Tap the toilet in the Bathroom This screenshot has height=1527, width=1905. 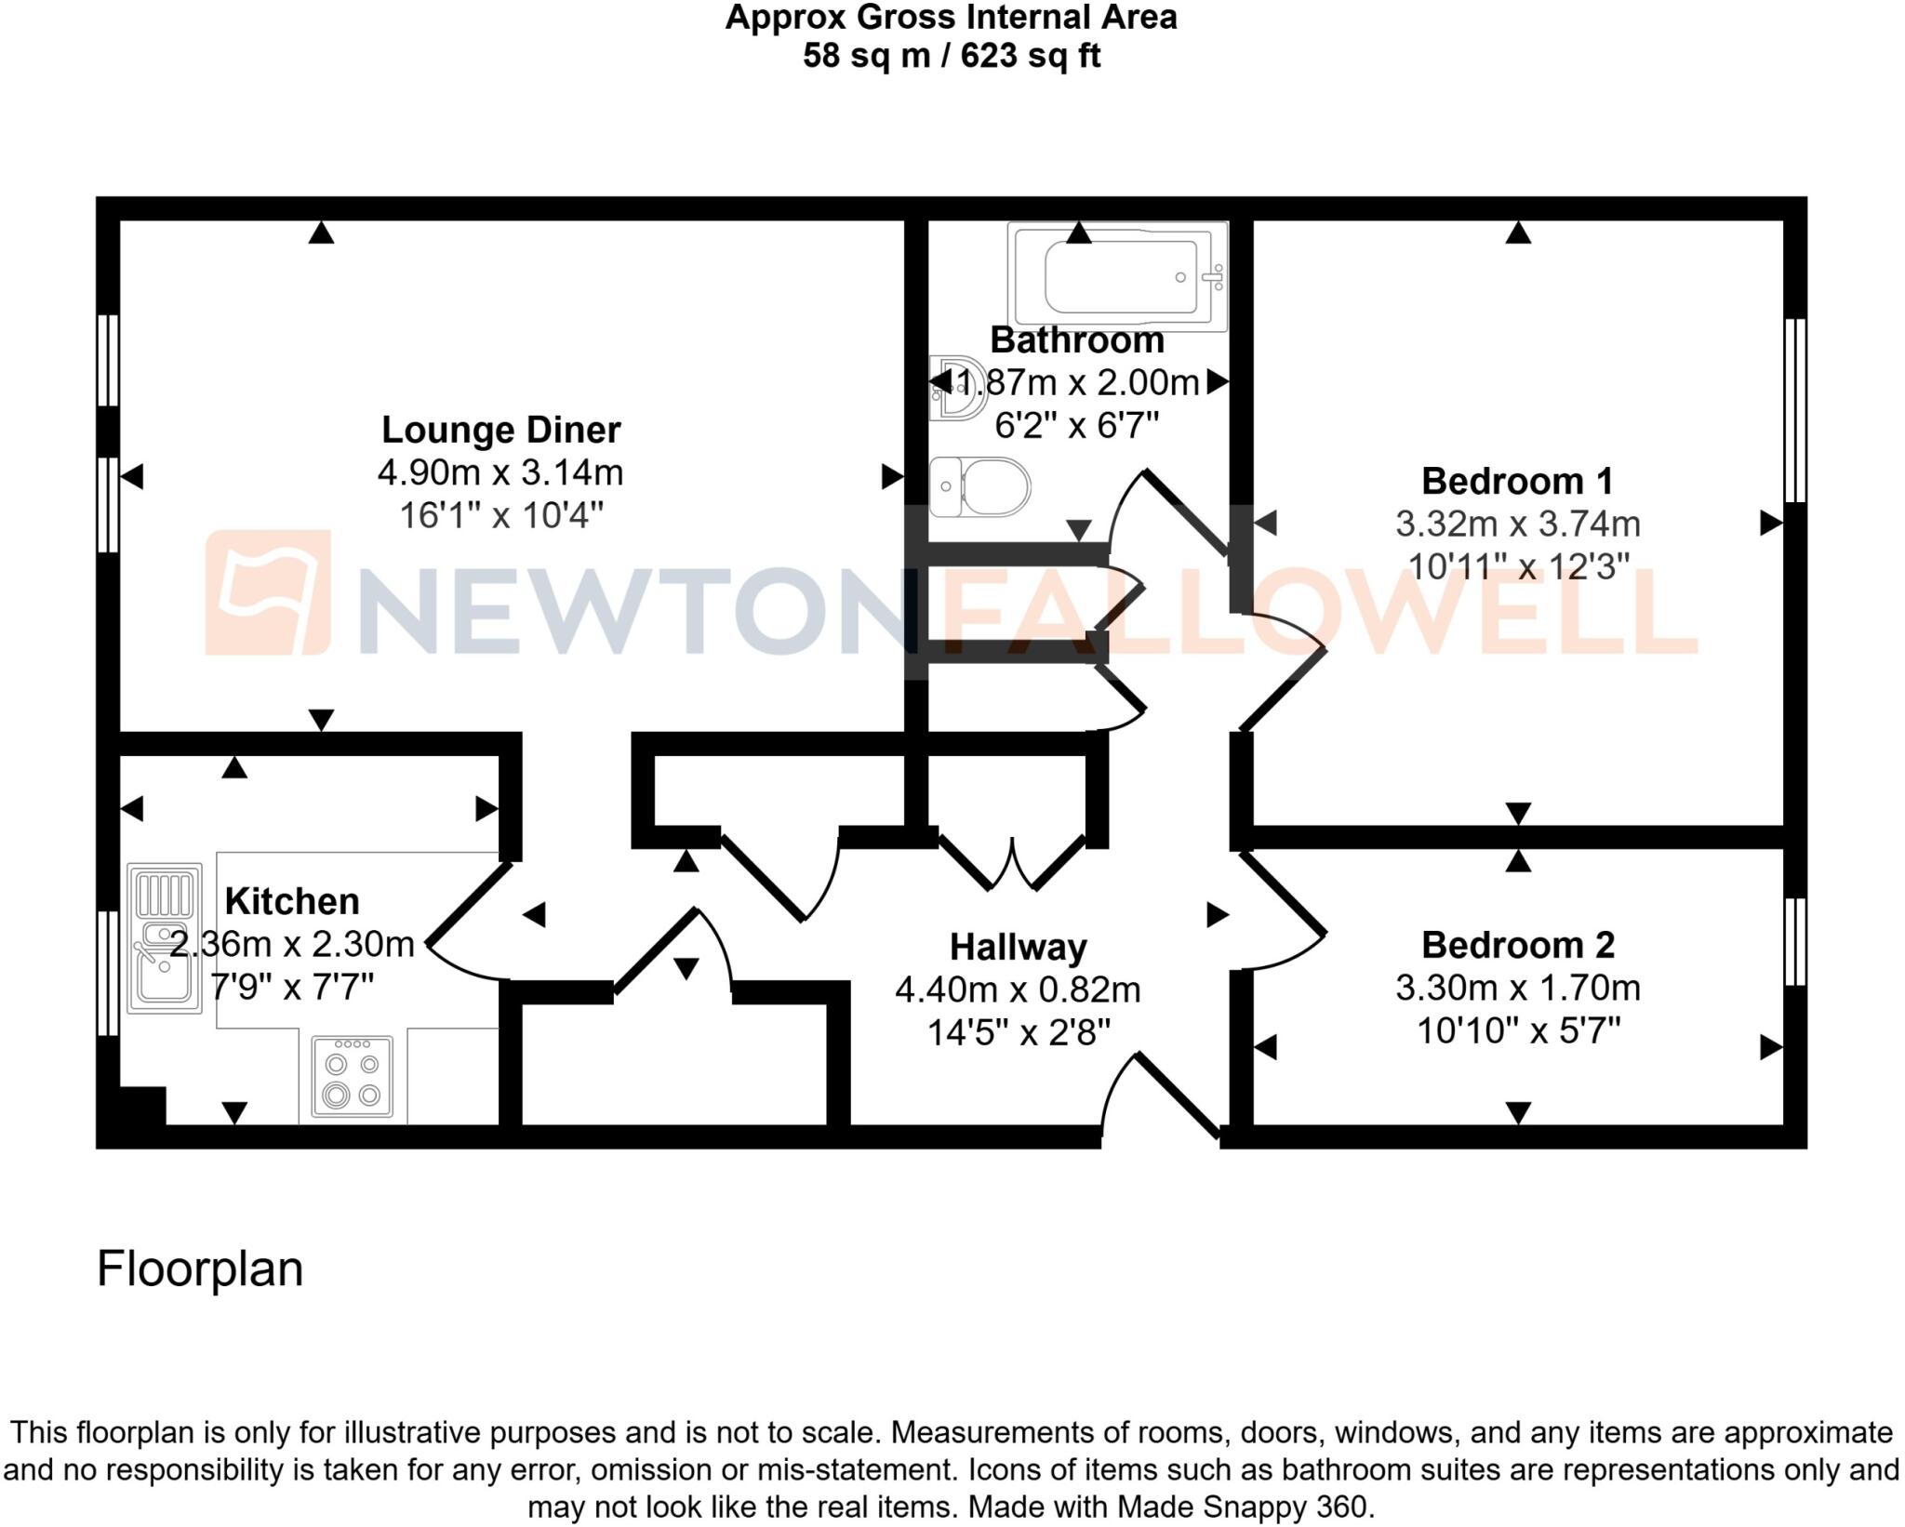pyautogui.click(x=981, y=486)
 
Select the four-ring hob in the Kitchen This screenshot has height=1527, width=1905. pyautogui.click(x=352, y=1078)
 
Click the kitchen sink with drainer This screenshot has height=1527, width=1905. pyautogui.click(x=165, y=938)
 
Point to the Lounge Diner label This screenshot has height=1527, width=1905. pyautogui.click(x=500, y=430)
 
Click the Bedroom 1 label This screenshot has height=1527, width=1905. pyautogui.click(x=1517, y=481)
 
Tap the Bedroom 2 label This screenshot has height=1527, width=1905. pyautogui.click(x=1517, y=945)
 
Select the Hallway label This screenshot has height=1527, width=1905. pyautogui.click(x=1018, y=948)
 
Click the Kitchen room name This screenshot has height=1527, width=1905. pyautogui.click(x=292, y=901)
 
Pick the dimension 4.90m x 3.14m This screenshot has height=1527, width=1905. pyautogui.click(x=500, y=472)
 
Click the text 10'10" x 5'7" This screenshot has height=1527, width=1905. pyautogui.click(x=1517, y=1030)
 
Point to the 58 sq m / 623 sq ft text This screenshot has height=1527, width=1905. pyautogui.click(x=952, y=56)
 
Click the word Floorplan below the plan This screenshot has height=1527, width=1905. pyautogui.click(x=200, y=1268)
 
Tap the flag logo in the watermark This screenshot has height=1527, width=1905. pyautogui.click(x=268, y=592)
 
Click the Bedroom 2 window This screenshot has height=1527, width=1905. pyautogui.click(x=1795, y=941)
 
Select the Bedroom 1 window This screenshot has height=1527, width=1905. pyautogui.click(x=1795, y=411)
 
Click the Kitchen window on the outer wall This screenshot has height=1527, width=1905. pyautogui.click(x=108, y=973)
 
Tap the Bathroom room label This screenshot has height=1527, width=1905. pyautogui.click(x=1076, y=340)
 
